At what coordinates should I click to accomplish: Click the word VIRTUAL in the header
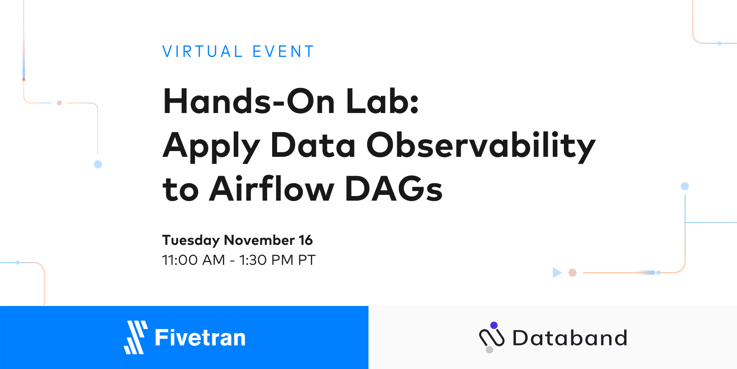pos(202,52)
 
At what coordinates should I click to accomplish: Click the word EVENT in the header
pos(283,52)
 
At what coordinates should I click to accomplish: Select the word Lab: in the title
pos(382,101)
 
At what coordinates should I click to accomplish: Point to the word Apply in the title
pos(212,146)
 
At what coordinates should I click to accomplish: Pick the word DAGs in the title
pos(394,189)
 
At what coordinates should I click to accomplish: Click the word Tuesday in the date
pos(191,241)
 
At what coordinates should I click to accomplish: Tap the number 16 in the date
pos(306,240)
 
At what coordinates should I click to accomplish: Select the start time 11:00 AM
pos(193,260)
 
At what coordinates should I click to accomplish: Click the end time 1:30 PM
pos(266,260)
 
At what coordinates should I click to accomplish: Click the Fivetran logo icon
pos(136,337)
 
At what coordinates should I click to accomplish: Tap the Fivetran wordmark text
pos(200,338)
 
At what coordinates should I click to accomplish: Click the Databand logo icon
pos(491,337)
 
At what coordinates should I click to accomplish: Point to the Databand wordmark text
pos(570,338)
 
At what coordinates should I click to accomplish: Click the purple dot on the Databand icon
pos(494,326)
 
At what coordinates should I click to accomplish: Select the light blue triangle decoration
pos(557,273)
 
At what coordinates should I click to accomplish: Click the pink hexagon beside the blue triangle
pos(573,273)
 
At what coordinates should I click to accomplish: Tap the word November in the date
pos(259,240)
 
